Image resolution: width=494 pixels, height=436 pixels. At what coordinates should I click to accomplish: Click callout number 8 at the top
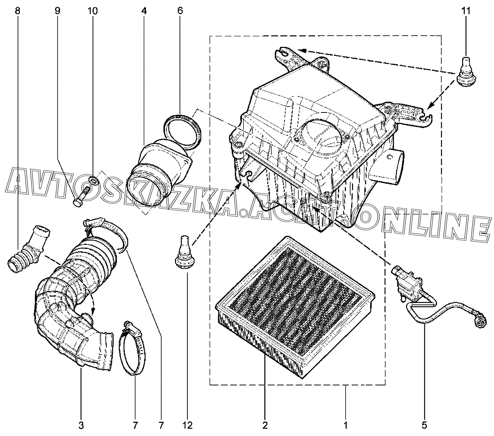tap(18, 11)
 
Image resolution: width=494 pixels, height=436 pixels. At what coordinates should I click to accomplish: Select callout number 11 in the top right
tap(466, 11)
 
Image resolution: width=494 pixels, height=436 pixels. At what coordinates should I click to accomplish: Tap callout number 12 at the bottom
tap(187, 426)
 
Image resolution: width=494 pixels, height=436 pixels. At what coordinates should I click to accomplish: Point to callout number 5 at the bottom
tap(424, 426)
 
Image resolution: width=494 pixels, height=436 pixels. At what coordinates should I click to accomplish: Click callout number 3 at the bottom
tap(81, 426)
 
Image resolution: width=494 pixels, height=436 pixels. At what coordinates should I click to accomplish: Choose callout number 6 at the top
tap(180, 11)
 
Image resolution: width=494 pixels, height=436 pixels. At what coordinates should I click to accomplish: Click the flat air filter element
tap(295, 307)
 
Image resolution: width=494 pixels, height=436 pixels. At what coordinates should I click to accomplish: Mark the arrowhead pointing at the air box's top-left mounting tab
tap(301, 50)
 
